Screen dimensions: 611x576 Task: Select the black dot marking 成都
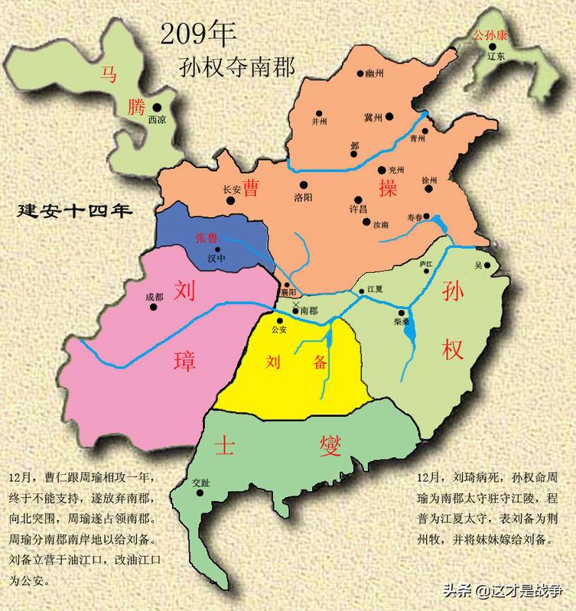(153, 307)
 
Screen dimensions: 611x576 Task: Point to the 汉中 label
(218, 258)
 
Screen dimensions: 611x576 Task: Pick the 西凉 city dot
(156, 108)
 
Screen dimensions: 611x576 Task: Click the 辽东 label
(496, 57)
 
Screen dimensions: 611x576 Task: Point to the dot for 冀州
(389, 117)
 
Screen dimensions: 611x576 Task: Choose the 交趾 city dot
(201, 493)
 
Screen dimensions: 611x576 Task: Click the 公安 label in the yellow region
(278, 330)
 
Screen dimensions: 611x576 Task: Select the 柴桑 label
(402, 323)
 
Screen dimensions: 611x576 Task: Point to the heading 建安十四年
(75, 210)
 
